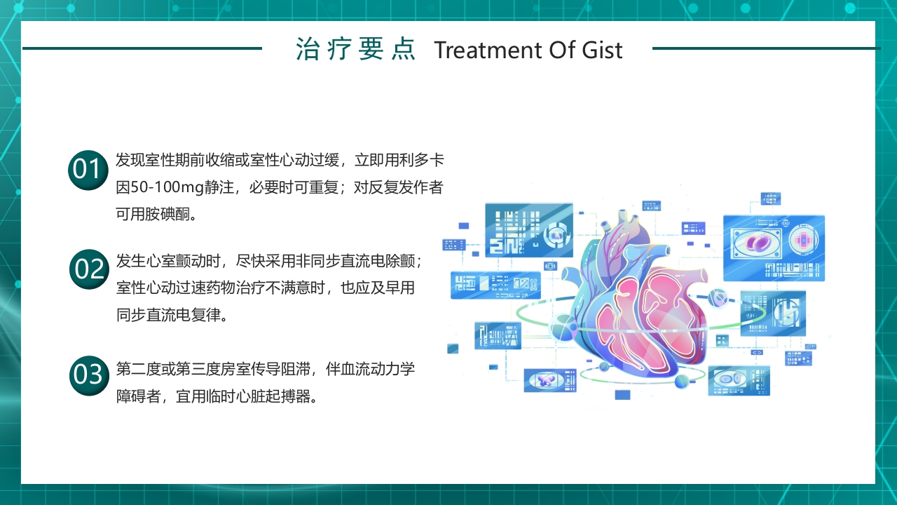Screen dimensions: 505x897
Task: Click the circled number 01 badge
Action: (x=88, y=170)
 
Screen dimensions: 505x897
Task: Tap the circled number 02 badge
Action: (x=90, y=269)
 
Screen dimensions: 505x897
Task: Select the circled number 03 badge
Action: (x=89, y=375)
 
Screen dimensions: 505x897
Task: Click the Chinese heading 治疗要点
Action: (x=356, y=50)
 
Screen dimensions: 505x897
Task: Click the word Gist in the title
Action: (x=602, y=50)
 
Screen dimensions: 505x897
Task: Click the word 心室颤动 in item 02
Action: (x=177, y=262)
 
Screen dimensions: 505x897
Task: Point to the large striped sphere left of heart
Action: (x=563, y=327)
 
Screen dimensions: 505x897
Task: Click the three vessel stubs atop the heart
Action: (x=626, y=225)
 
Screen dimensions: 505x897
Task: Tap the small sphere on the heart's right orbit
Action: (x=717, y=297)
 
